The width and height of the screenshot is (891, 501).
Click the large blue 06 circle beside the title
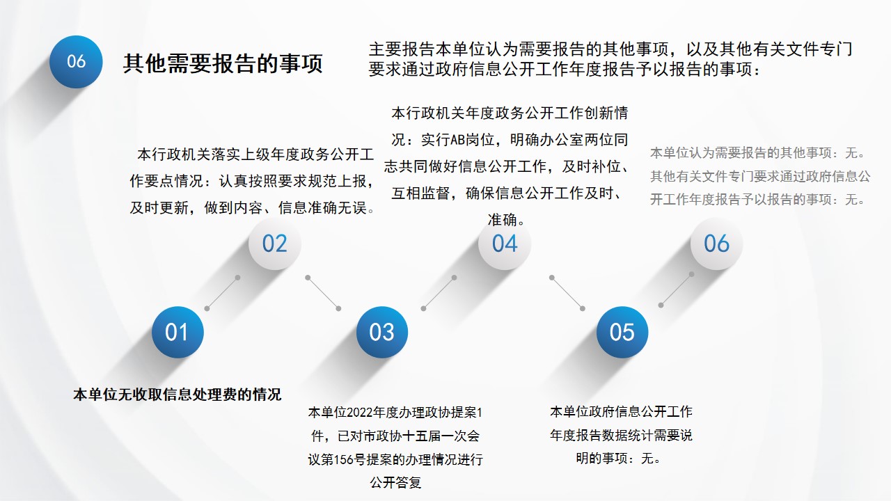76,62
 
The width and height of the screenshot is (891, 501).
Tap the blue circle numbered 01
178,332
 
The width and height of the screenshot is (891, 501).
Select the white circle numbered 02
274,244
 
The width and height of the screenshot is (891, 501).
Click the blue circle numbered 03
382,332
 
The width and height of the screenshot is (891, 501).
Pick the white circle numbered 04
505,244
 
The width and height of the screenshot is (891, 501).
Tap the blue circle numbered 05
622,332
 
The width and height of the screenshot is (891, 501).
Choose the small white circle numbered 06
716,244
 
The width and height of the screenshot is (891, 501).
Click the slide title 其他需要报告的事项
223,63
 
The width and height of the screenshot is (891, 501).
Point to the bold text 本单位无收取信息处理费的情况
178,395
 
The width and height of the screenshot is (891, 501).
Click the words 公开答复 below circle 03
395,483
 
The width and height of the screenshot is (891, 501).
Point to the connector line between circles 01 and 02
222,293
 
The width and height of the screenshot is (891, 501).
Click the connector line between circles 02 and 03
323,293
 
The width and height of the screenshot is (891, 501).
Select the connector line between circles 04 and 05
567,293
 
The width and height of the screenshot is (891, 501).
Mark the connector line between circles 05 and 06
676,290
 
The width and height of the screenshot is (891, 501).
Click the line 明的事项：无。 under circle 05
620,459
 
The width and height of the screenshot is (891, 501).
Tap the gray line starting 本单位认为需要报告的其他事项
758,152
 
